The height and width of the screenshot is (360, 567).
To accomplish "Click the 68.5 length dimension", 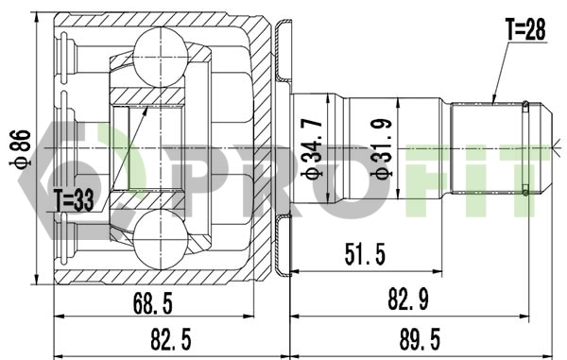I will click(153, 303).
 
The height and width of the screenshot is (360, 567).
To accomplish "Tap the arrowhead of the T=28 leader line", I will click(492, 99).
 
